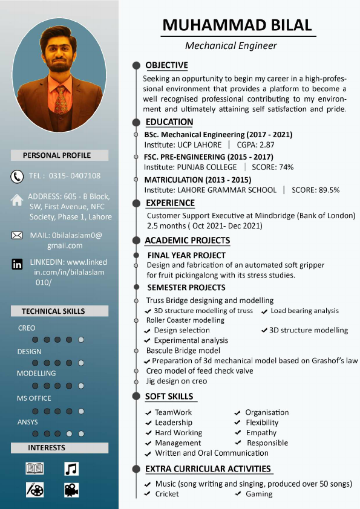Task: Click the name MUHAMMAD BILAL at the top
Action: [x=237, y=25]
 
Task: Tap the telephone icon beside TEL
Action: [x=17, y=176]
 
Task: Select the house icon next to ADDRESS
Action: [x=17, y=199]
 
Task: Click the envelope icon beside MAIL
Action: [x=17, y=235]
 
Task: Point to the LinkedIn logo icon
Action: [x=18, y=264]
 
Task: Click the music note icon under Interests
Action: [x=71, y=468]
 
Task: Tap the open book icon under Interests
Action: [x=34, y=468]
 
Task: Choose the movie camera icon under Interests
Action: [x=71, y=489]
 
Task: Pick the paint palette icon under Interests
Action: [x=34, y=489]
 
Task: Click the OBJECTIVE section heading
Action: [x=166, y=65]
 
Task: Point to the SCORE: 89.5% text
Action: [x=315, y=190]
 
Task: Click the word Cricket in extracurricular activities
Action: [x=167, y=494]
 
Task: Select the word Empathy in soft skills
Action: [x=261, y=433]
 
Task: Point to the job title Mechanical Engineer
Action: [x=231, y=45]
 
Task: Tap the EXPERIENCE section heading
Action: [x=171, y=203]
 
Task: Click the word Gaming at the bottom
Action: [x=259, y=494]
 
